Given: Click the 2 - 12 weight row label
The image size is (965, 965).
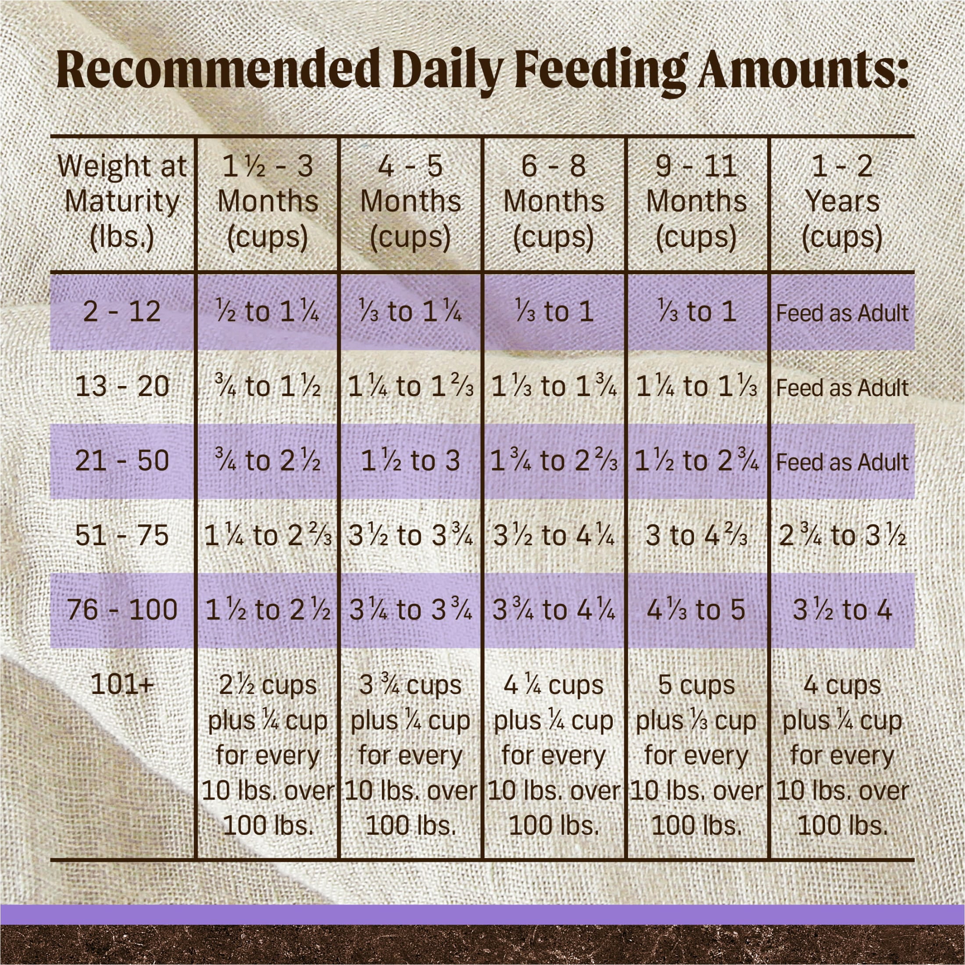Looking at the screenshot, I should (x=122, y=312).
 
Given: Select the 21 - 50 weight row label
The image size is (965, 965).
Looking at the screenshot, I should (x=122, y=461).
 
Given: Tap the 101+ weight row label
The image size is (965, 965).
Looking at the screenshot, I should (x=122, y=686).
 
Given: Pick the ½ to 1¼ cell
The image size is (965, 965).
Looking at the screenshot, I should (x=268, y=312).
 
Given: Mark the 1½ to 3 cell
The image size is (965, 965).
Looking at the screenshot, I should (x=411, y=461).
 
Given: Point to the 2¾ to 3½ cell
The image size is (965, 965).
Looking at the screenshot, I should (x=842, y=536).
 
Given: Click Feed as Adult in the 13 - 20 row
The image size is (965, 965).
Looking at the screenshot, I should (x=842, y=388).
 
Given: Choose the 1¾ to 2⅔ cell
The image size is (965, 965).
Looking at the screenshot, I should (x=554, y=461).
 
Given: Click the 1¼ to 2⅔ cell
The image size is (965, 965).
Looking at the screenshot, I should (x=268, y=536).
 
